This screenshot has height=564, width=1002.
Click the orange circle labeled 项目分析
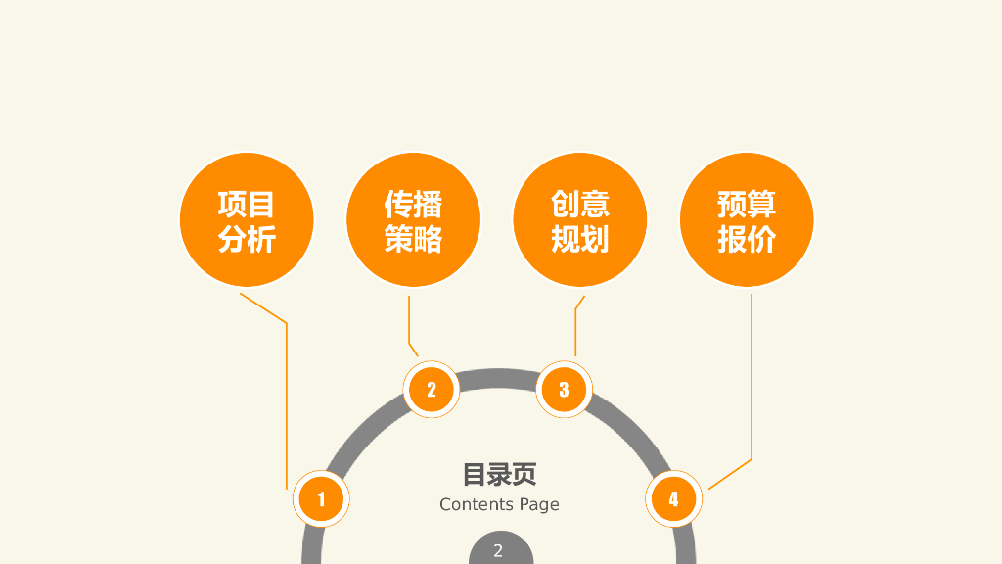coord(247,220)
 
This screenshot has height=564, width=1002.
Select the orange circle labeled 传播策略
coord(413,220)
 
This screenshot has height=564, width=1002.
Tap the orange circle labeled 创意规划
coord(579,220)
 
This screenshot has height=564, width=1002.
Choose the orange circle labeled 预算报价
coord(747,220)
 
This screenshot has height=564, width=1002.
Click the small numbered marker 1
coord(321,499)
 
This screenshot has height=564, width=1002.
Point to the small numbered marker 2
coord(431,390)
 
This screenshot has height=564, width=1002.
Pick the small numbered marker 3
coord(564,390)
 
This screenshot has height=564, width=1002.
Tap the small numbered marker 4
coord(673,499)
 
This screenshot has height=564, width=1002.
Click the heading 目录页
coord(499,475)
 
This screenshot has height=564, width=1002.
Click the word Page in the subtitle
coord(539,505)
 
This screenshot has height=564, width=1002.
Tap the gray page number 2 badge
coord(499,550)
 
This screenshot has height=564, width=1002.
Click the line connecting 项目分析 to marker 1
coord(287,401)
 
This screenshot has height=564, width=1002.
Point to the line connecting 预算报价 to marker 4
coord(751,382)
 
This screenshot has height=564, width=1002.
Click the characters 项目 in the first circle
coord(247,204)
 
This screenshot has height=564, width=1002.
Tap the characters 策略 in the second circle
coord(413,238)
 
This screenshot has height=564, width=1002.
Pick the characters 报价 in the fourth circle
coord(747,238)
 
